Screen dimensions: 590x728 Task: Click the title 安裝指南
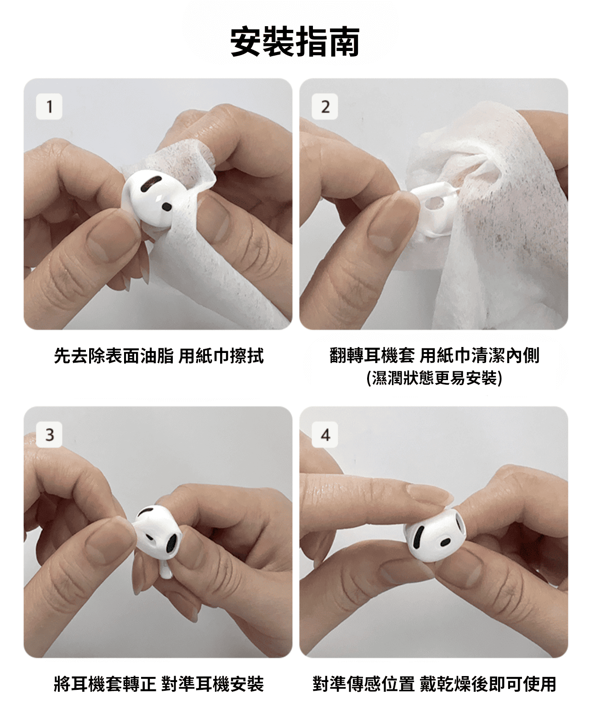click(295, 42)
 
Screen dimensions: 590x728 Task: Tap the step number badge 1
click(49, 106)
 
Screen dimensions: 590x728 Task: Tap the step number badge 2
click(325, 106)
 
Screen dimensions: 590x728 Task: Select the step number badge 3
click(49, 434)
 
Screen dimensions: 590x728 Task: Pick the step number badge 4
click(325, 434)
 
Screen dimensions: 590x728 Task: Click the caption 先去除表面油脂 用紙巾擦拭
click(159, 356)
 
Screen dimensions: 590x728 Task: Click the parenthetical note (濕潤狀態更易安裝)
click(434, 378)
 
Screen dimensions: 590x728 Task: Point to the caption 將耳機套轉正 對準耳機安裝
click(159, 684)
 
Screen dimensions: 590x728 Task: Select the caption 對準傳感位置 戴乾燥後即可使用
click(434, 684)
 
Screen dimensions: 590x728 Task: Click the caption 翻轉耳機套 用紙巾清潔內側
click(434, 356)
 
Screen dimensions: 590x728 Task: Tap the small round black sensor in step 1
click(166, 206)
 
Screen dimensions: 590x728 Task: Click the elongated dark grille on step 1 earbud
click(151, 183)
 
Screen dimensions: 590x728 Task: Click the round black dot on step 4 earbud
click(446, 542)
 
